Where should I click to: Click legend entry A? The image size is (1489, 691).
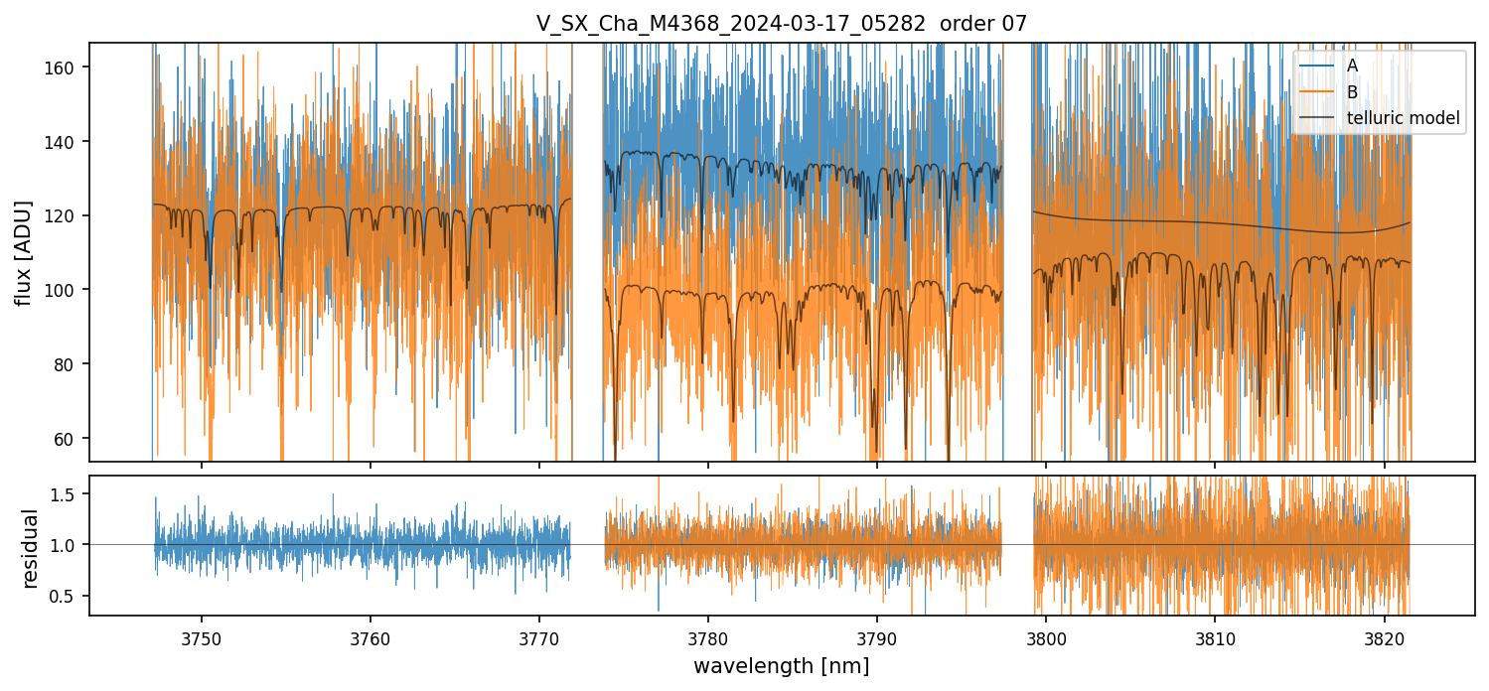pos(1353,66)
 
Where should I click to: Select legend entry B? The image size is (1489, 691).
pos(1353,92)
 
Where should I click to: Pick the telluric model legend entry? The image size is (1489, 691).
pos(1403,118)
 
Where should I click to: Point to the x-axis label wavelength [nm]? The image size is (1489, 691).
pos(781,666)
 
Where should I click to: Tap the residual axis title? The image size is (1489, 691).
pos(31,548)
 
